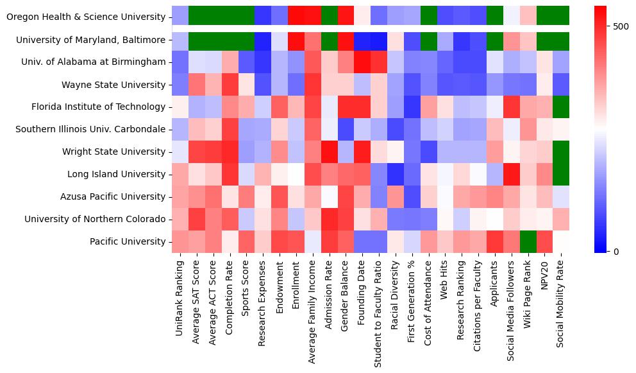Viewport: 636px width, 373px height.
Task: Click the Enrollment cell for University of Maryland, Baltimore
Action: (296, 40)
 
